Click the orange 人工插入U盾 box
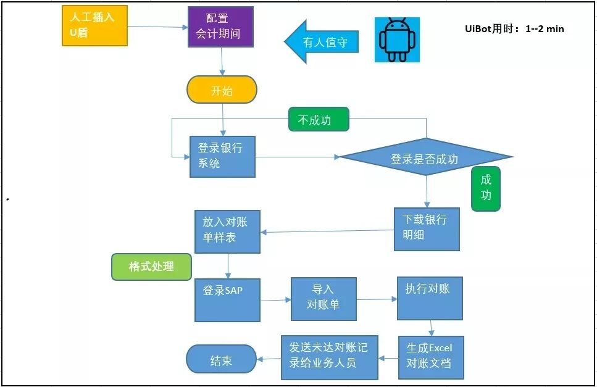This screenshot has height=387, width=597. (x=94, y=25)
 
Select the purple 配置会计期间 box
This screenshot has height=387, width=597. (x=220, y=27)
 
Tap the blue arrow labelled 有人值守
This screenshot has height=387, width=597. (x=321, y=42)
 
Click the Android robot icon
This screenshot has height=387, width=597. (x=397, y=40)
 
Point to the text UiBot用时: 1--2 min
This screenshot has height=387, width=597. (x=514, y=28)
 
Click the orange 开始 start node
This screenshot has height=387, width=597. (x=222, y=90)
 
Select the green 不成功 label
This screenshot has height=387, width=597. (x=319, y=119)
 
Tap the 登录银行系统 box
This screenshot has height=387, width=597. (x=222, y=157)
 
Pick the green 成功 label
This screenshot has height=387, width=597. (x=485, y=188)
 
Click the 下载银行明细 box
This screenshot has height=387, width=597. (x=427, y=229)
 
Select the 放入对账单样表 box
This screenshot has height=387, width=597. (x=227, y=231)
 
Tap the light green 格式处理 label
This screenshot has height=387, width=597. (x=151, y=267)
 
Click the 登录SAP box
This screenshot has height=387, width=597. (x=227, y=299)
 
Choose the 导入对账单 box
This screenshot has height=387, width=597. (x=324, y=299)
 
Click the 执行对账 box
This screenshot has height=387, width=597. (x=430, y=298)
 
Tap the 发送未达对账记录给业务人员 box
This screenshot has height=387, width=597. (x=328, y=357)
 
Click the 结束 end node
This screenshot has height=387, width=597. (x=221, y=359)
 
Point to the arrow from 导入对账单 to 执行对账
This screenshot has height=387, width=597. (x=377, y=299)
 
